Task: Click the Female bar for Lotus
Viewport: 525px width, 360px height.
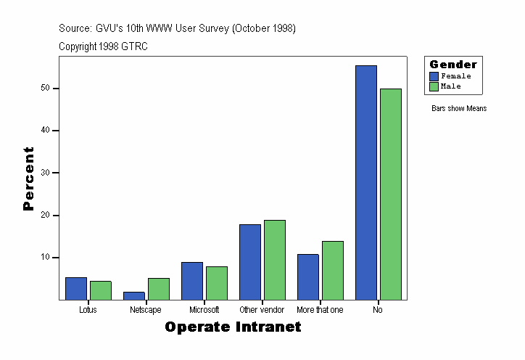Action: tap(76, 288)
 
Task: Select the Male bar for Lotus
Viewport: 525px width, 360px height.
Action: tap(101, 290)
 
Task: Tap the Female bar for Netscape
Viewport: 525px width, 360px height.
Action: tap(134, 295)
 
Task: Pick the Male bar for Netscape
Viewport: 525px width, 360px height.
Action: tap(159, 289)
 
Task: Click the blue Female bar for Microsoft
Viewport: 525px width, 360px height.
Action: tap(192, 281)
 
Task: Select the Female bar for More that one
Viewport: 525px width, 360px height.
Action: tap(308, 277)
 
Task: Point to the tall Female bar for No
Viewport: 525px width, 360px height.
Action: tap(366, 182)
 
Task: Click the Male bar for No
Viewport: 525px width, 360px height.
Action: tap(391, 194)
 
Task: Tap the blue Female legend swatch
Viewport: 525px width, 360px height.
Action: tap(434, 76)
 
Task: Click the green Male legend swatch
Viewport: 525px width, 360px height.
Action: tap(434, 86)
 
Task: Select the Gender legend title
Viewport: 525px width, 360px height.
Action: tap(453, 65)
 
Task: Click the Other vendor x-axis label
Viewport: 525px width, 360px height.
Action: tap(262, 310)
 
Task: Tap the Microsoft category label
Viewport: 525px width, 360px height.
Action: tap(204, 310)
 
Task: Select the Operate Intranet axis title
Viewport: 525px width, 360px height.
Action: tap(233, 327)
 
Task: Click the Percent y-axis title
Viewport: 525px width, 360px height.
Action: tap(29, 179)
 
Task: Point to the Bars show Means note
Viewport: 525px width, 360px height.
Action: tap(459, 109)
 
